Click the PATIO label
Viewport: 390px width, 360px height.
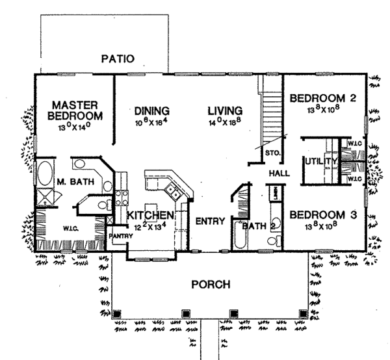tap(118, 59)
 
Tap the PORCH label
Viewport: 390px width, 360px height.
tap(210, 285)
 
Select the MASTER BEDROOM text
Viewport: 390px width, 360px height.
tap(75, 110)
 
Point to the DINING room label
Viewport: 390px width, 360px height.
tap(152, 110)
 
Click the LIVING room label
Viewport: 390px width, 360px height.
tap(225, 110)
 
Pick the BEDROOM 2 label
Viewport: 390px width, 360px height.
tap(322, 99)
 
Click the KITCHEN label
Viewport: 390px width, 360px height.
tap(150, 215)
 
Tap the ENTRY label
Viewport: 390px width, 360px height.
tap(210, 222)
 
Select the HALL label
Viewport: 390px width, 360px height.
tap(280, 174)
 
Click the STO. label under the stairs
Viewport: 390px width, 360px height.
tap(272, 153)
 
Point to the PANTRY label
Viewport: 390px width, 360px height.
tap(121, 236)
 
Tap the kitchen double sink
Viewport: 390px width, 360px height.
tap(173, 190)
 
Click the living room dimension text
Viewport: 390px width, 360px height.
tap(225, 122)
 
